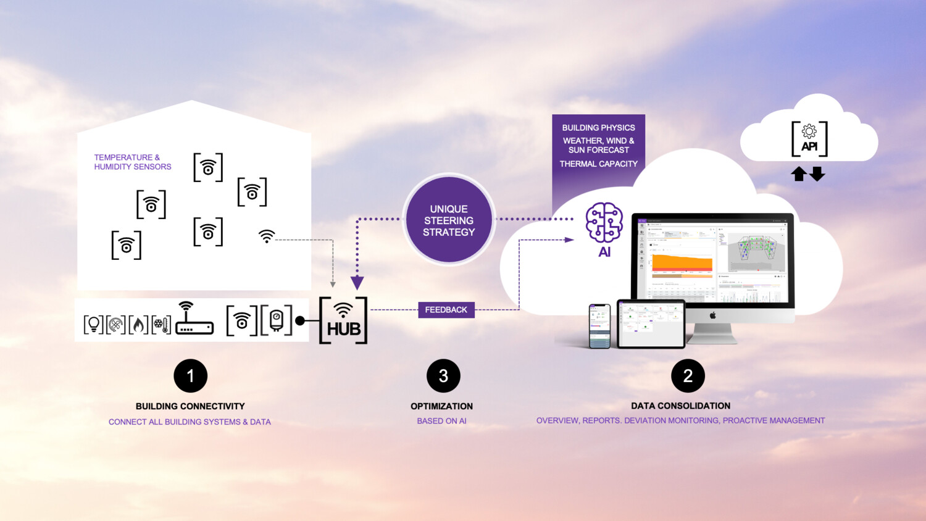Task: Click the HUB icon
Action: (x=343, y=320)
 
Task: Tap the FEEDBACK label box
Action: (x=446, y=310)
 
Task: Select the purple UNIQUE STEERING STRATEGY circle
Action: (x=449, y=220)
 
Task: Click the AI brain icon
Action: (x=604, y=222)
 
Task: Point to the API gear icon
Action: (x=809, y=131)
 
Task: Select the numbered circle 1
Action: (x=190, y=376)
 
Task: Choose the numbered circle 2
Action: (x=688, y=376)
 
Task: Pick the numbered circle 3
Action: (x=443, y=376)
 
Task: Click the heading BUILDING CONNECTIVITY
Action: (x=190, y=406)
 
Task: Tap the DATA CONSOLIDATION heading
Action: (x=680, y=406)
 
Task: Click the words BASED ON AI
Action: (x=441, y=421)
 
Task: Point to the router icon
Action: (x=194, y=320)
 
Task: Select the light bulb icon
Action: (x=93, y=324)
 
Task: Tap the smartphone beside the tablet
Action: (x=599, y=326)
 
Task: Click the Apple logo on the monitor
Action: (x=712, y=315)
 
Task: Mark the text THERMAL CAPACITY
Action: (x=598, y=164)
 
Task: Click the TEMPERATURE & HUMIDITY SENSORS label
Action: (x=133, y=162)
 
